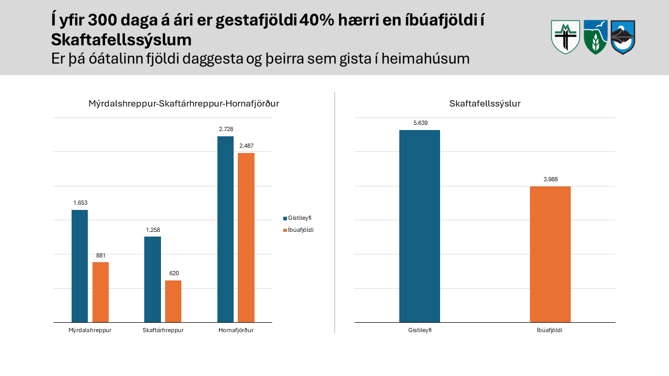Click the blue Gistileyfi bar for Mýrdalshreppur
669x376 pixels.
(80, 266)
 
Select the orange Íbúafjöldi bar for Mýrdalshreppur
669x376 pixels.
(101, 292)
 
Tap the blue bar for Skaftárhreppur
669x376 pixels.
(153, 279)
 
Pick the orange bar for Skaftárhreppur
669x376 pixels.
(173, 301)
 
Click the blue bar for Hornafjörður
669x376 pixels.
(225, 229)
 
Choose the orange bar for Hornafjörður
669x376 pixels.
(246, 238)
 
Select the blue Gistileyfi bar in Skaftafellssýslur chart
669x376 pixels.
(420, 226)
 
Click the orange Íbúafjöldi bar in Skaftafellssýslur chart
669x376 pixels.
(550, 254)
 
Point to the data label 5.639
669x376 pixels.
(421, 123)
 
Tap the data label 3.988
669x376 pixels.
(551, 179)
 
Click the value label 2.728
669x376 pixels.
(226, 129)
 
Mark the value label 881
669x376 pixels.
(101, 255)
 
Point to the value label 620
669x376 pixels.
(174, 273)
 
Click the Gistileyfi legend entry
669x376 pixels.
(297, 218)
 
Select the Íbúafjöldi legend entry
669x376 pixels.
(298, 230)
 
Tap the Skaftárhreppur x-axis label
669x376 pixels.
(163, 331)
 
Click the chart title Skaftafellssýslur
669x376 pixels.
(485, 103)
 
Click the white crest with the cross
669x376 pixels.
(566, 37)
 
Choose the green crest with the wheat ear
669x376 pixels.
(596, 37)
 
